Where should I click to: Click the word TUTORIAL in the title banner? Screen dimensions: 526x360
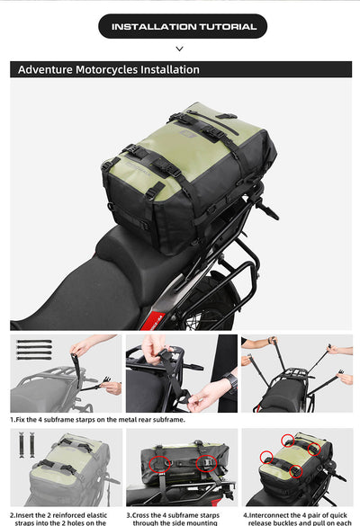pyautogui.click(x=222, y=27)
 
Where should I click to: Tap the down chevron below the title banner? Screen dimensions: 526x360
pyautogui.click(x=179, y=49)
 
